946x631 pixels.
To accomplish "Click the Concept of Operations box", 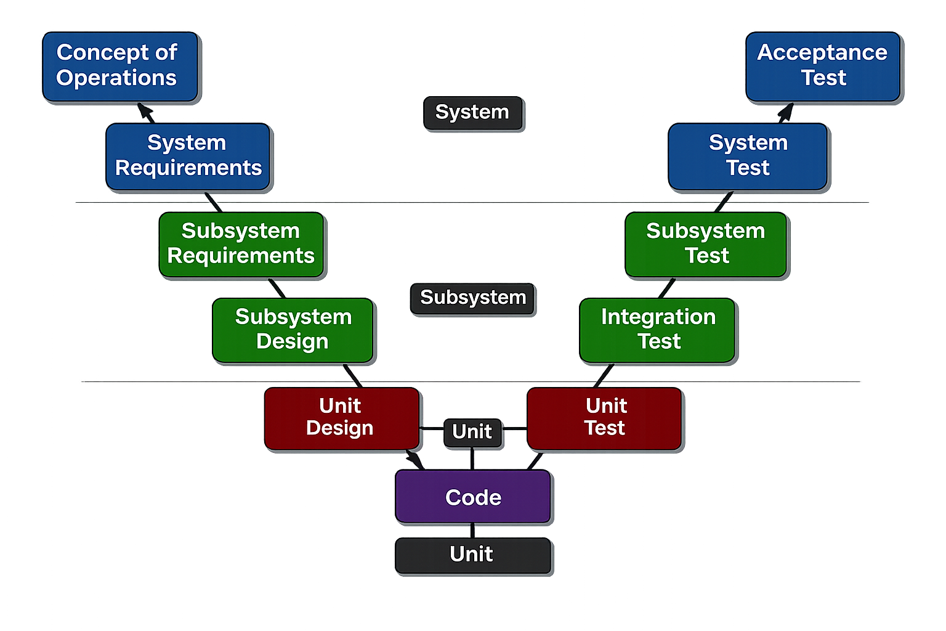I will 120,66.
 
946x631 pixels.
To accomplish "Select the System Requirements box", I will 188,156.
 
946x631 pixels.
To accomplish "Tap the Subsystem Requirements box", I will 241,244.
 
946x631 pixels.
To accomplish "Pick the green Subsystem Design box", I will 293,330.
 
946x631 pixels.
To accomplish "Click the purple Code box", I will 472,496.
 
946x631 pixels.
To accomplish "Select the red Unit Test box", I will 604,418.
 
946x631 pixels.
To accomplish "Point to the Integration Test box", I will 657,330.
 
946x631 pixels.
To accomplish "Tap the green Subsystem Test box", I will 706,244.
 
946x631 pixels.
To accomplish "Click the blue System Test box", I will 748,156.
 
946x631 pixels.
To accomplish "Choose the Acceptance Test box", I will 823,66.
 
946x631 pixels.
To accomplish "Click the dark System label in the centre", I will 472,113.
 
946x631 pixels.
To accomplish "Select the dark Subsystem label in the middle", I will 472,298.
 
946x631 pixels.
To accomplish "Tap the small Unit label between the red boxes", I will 472,432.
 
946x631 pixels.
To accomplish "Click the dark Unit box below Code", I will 472,555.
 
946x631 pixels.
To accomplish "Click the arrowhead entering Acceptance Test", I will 786,111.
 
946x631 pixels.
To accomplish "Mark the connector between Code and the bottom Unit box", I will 472,530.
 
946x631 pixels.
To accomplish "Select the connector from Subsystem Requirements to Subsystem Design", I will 277,288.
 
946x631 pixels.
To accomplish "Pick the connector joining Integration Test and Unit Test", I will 604,375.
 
